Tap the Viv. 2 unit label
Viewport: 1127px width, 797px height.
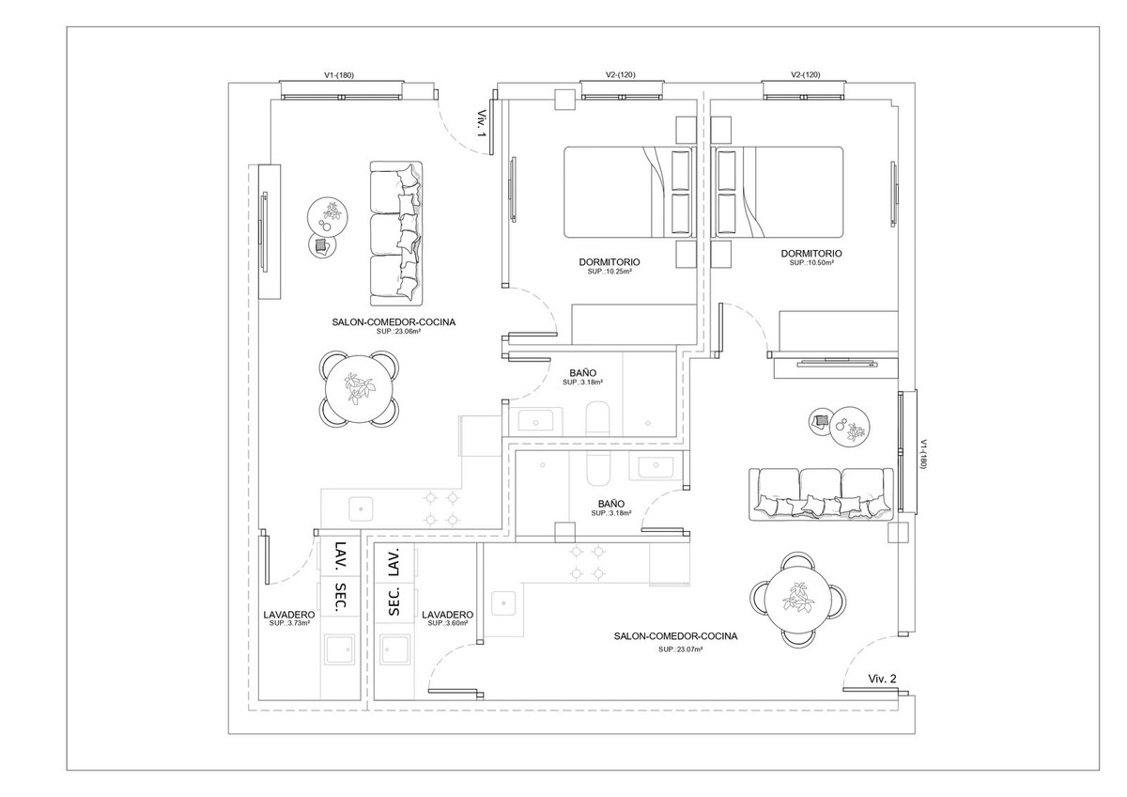coord(882,679)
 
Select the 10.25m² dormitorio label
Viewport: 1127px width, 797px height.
coord(610,262)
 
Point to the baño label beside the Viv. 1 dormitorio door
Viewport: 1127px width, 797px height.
coord(583,373)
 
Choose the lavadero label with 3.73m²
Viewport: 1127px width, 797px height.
coord(289,615)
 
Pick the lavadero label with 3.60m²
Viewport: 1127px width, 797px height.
coord(448,615)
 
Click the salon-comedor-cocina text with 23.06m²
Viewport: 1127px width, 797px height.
coord(394,322)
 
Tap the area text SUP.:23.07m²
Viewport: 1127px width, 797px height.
coord(680,649)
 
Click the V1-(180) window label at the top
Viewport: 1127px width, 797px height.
coord(339,75)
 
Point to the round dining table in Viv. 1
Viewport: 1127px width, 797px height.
coord(359,389)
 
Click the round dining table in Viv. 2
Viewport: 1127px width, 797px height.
coord(798,598)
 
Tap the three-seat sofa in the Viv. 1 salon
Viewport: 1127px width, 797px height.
coord(396,234)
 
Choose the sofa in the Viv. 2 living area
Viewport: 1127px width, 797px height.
coord(821,494)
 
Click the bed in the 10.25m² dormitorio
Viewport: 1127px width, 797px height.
coord(630,192)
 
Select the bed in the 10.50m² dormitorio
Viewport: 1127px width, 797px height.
coord(777,192)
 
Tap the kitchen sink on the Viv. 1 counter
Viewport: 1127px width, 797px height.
coord(362,509)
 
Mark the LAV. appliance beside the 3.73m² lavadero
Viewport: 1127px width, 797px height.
coord(341,558)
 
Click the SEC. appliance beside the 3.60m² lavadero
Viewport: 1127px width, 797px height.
coord(394,601)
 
